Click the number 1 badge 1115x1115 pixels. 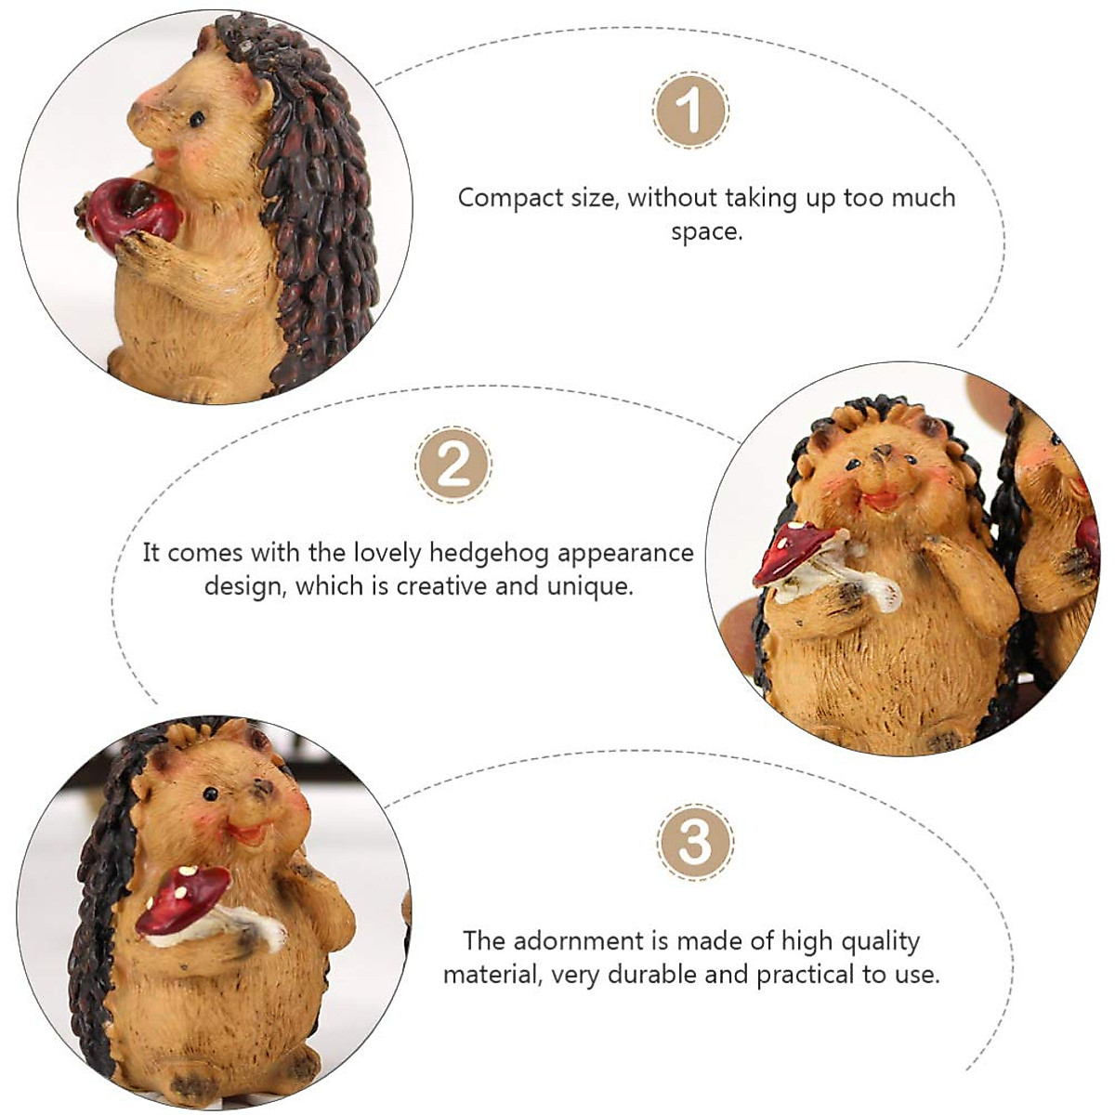[690, 111]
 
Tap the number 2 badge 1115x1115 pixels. [453, 464]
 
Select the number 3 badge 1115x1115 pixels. [695, 842]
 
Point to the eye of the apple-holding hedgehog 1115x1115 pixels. [197, 119]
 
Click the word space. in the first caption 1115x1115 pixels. [707, 231]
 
